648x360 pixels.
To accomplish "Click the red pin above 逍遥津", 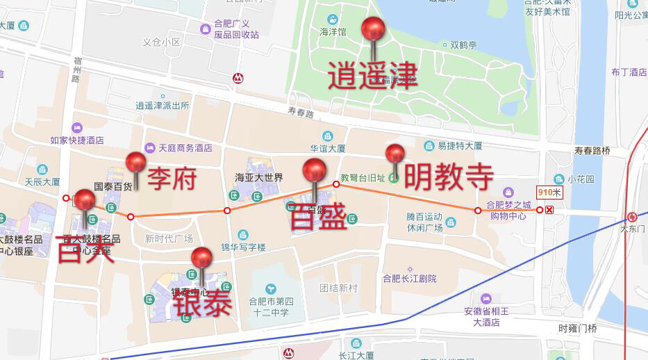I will pos(373,29).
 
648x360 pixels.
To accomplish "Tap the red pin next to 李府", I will pos(135,163).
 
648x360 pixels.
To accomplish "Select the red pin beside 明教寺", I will pos(395,154).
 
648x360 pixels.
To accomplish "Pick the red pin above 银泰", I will pos(201,258).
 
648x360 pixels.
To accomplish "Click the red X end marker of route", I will pos(549,210).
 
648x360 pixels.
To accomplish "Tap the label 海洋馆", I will pos(332,31).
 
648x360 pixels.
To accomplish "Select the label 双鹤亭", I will pos(463,45).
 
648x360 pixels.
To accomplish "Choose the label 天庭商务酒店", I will pos(185,148).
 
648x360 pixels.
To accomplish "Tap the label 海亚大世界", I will pos(259,177).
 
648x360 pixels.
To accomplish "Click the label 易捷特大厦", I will pos(459,146).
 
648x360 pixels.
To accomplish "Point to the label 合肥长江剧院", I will pos(410,279).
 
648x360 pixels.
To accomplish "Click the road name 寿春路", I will pos(301,113).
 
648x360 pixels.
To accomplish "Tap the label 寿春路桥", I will pos(592,151).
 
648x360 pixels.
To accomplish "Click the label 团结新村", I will pos(338,288).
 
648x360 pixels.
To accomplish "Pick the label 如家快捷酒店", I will pos(77,140).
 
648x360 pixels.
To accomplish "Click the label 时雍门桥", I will pos(577,328).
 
